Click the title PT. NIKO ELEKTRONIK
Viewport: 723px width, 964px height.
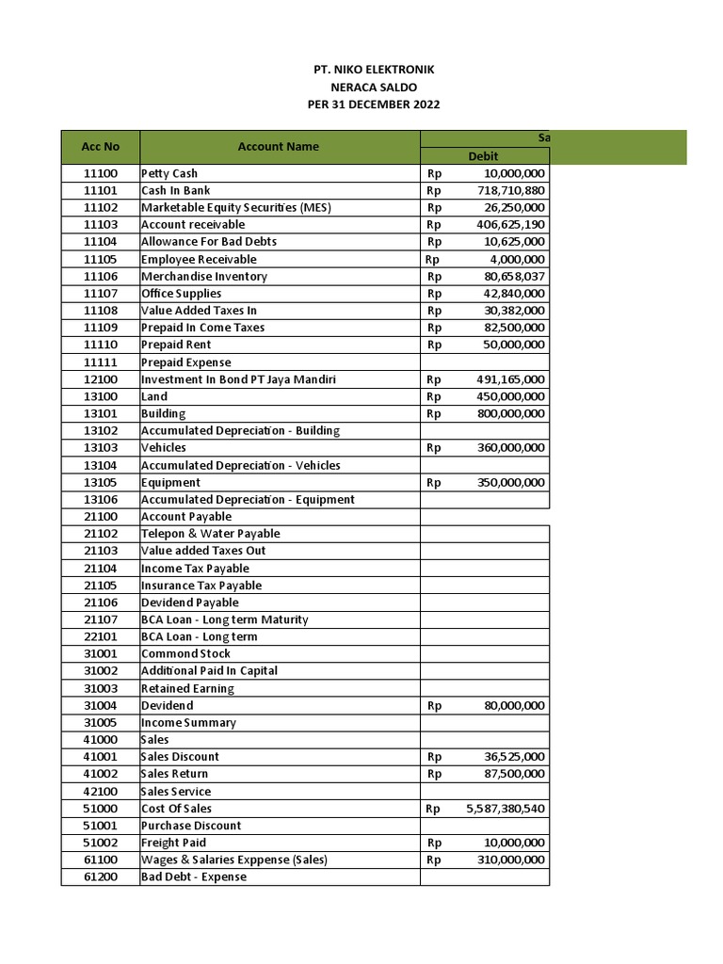(374, 70)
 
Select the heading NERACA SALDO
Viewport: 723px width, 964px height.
(374, 87)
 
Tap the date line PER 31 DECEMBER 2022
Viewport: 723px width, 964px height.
(374, 104)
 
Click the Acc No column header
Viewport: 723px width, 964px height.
(101, 147)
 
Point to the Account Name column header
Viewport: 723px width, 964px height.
(278, 147)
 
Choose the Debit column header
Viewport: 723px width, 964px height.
(483, 156)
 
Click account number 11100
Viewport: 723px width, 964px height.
(101, 173)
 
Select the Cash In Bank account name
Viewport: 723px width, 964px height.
(176, 190)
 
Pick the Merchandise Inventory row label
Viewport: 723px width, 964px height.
(204, 277)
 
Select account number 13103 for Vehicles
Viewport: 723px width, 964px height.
(101, 448)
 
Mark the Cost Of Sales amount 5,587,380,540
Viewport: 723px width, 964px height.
(505, 809)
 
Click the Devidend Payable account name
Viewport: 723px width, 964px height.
(190, 602)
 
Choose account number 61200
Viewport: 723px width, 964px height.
(101, 877)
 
